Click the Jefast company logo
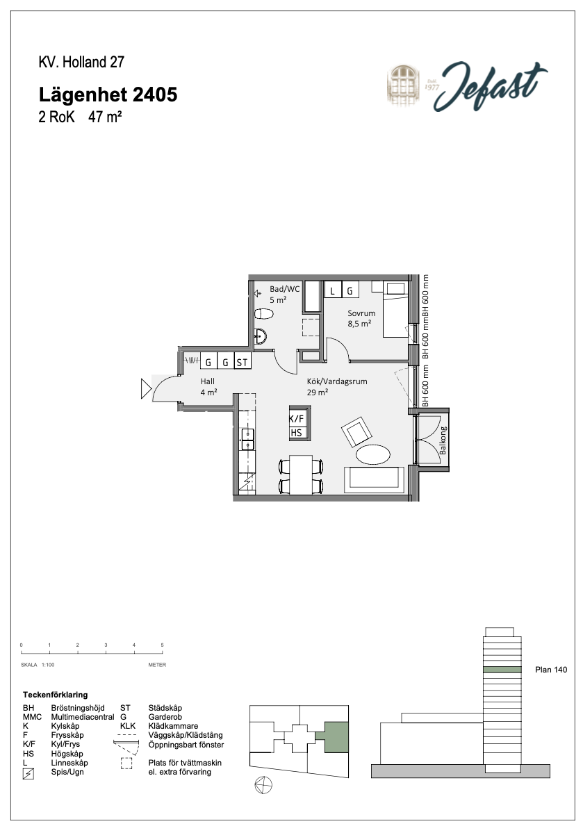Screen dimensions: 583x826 [467, 86]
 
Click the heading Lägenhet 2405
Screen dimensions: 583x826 [108, 94]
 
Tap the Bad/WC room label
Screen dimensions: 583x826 [285, 289]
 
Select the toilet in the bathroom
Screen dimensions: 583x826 [263, 315]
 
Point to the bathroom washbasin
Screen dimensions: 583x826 [260, 336]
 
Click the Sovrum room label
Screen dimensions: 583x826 [361, 313]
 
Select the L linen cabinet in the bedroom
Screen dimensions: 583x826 [332, 290]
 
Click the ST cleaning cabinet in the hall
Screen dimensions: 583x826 [242, 362]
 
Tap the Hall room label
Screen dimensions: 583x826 [208, 381]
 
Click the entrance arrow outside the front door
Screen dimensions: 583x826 [146, 389]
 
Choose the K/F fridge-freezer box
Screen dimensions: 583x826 [296, 419]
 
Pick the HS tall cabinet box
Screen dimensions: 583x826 [296, 433]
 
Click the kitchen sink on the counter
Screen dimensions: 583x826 [248, 439]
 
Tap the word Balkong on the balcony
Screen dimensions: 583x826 [443, 440]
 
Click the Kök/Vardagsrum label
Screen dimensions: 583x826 [337, 381]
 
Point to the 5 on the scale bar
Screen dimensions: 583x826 [163, 645]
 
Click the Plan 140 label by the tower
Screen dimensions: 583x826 [551, 670]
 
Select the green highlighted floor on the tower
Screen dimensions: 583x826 [503, 670]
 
